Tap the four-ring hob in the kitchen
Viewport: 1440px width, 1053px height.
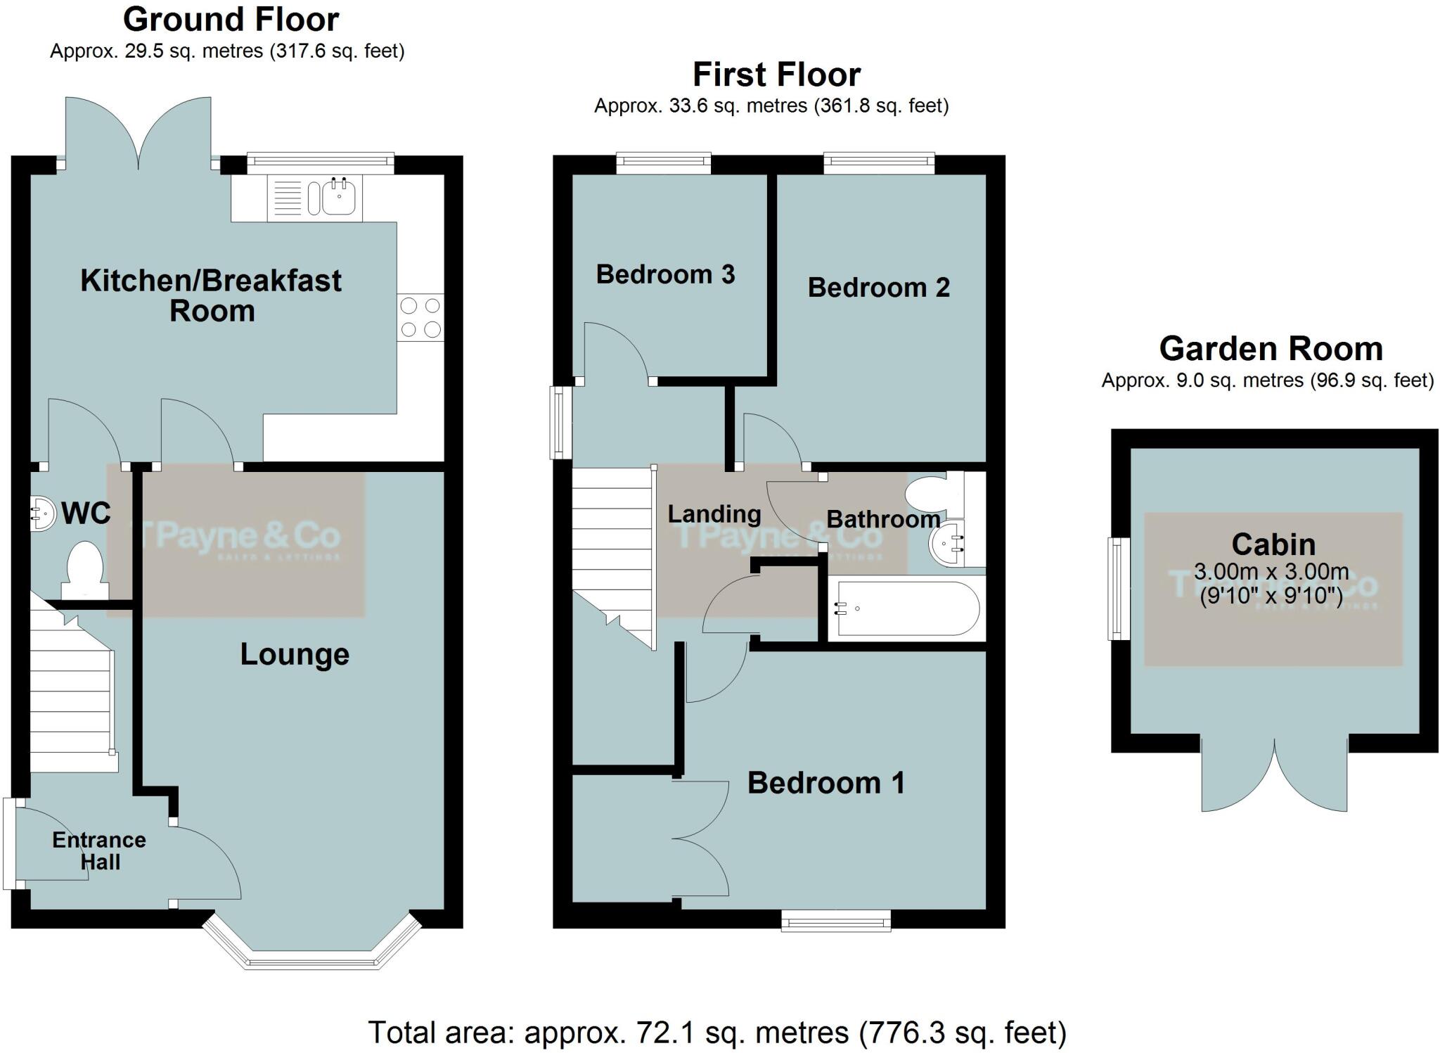(x=420, y=317)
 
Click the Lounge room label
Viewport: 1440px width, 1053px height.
(x=295, y=654)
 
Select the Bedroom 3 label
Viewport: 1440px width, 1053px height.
(x=665, y=274)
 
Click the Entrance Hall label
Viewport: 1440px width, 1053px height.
(x=99, y=850)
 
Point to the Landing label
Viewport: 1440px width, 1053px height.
(x=714, y=514)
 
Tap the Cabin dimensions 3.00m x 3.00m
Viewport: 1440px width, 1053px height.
(x=1271, y=571)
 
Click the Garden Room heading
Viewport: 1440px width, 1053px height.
(x=1271, y=349)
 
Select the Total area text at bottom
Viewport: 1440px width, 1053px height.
(x=717, y=1033)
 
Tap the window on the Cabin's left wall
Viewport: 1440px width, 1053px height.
(x=1118, y=589)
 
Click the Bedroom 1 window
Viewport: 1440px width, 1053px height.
(x=836, y=920)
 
